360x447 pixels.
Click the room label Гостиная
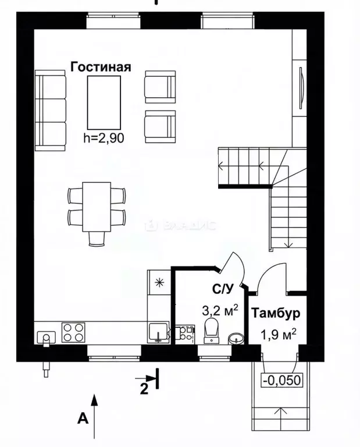101,66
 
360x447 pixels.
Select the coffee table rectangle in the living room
104,102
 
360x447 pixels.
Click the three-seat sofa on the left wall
51,111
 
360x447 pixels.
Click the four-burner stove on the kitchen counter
74,332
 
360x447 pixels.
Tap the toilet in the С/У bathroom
212,328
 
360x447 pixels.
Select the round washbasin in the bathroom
236,338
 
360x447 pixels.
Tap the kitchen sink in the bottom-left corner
46,336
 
